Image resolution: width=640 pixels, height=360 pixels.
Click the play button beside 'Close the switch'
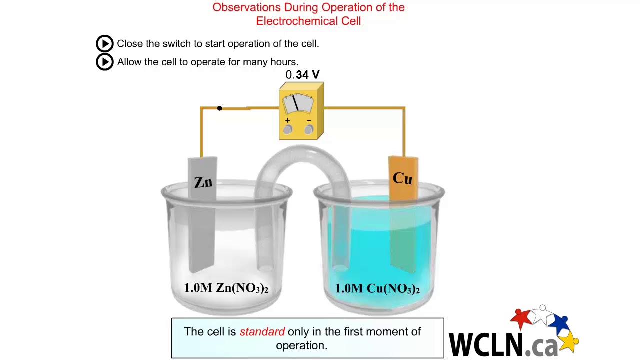(x=105, y=44)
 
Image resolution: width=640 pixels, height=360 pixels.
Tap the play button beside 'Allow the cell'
(x=105, y=62)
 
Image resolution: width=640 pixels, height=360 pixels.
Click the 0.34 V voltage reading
(x=302, y=75)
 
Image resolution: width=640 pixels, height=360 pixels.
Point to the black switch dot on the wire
(x=219, y=108)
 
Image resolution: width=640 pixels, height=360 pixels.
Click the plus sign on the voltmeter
(x=287, y=120)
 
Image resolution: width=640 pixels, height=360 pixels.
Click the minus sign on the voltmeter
(x=309, y=120)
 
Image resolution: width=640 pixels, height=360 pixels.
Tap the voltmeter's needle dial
(x=298, y=103)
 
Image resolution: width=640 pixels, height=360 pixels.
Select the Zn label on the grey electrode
(x=203, y=182)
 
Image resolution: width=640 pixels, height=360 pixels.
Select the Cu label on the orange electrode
(x=402, y=178)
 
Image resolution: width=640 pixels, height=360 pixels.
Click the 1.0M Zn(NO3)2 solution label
(x=226, y=288)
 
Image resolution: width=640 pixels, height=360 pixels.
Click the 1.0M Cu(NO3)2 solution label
(x=377, y=288)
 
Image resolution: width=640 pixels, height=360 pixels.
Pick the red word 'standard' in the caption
(x=262, y=332)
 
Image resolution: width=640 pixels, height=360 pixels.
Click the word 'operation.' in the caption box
(x=301, y=345)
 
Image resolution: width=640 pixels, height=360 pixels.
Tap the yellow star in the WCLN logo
(x=569, y=342)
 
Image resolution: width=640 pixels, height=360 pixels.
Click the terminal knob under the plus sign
(x=287, y=130)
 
